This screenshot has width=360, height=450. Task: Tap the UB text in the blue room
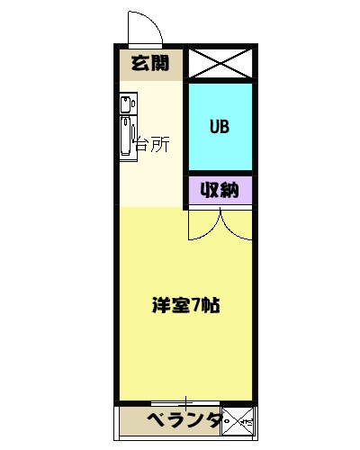[x=219, y=126]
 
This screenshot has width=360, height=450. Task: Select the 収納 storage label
[x=219, y=190]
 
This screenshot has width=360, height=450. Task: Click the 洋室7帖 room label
[x=185, y=304]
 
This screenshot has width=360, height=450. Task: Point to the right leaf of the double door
[x=236, y=223]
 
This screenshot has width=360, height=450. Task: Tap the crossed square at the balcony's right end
[x=238, y=420]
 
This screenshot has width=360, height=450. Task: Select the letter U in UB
[x=213, y=126]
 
